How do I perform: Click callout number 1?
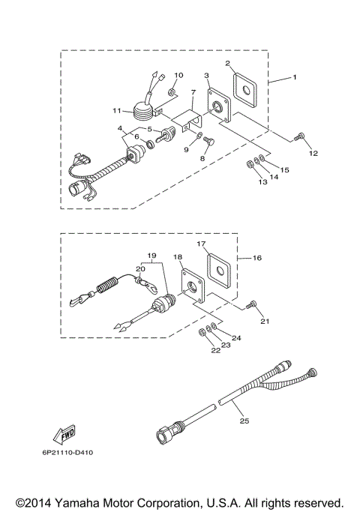(x=295, y=77)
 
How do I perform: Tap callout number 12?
(x=313, y=153)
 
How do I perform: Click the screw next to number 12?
(x=300, y=136)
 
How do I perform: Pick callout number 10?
(x=178, y=76)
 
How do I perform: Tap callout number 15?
(x=285, y=171)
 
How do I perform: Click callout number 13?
(x=262, y=182)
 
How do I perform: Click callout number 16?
(x=257, y=257)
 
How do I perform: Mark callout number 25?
(x=244, y=422)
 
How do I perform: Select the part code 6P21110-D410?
(x=68, y=454)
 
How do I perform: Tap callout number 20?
(x=140, y=268)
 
